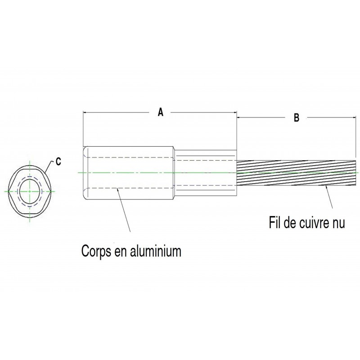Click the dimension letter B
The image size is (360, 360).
(x=297, y=118)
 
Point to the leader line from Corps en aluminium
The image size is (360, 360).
(x=124, y=211)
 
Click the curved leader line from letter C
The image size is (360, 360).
(x=48, y=165)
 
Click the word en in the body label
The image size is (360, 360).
(x=121, y=250)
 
